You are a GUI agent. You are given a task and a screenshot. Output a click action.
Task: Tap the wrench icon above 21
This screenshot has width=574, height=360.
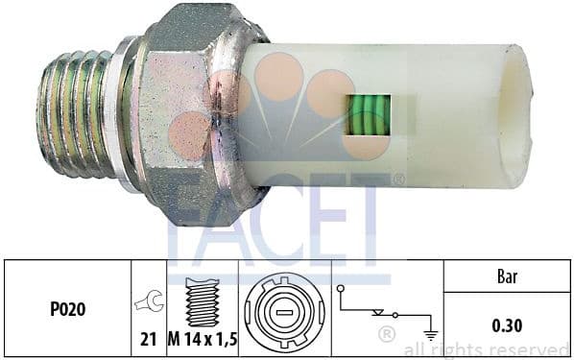click(150, 303)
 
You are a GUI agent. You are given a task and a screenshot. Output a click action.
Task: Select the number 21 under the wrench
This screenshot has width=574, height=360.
click(150, 337)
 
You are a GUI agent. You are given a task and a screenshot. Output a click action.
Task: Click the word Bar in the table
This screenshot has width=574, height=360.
click(506, 277)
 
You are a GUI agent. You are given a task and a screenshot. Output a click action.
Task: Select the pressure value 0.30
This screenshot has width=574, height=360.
click(506, 325)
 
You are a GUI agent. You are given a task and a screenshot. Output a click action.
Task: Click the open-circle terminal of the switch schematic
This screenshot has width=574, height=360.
click(340, 287)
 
